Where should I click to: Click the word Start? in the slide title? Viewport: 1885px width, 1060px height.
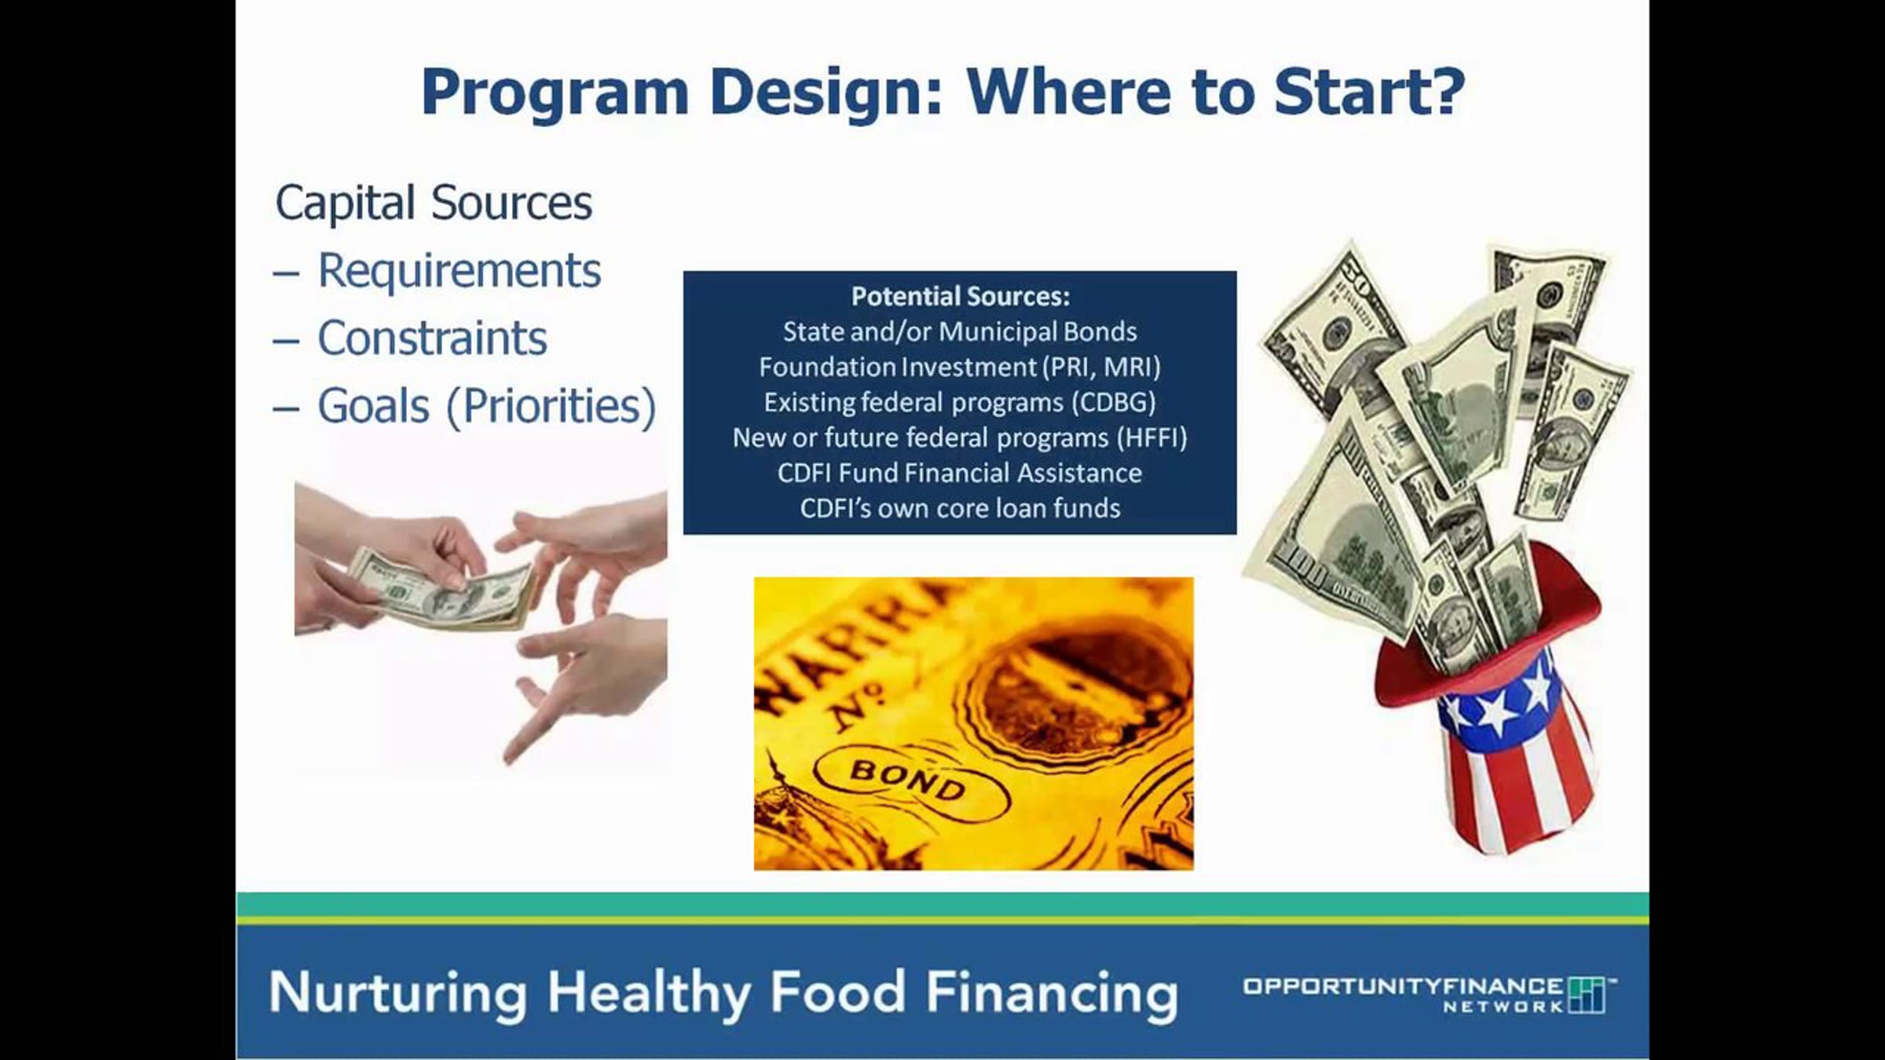(x=1369, y=92)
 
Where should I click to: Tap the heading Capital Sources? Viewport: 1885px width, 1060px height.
(x=434, y=203)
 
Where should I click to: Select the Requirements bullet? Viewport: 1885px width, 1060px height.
(x=459, y=271)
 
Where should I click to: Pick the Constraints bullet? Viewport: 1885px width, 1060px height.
(x=432, y=338)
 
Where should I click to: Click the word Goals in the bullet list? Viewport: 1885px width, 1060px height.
(x=374, y=407)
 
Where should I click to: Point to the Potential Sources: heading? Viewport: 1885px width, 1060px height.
(x=961, y=297)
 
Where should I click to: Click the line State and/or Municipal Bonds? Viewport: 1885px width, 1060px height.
(x=960, y=332)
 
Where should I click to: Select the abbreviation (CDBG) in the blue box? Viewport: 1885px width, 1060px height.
(x=1115, y=403)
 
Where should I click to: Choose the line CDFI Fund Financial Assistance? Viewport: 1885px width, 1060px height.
(x=960, y=473)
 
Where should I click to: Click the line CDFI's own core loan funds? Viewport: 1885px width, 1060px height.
(x=960, y=509)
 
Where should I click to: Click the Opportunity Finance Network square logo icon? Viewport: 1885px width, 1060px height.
(x=1587, y=996)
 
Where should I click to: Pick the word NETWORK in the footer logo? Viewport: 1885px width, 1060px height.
(x=1503, y=1007)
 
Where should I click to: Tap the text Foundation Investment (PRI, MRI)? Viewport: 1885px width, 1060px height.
(x=960, y=367)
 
